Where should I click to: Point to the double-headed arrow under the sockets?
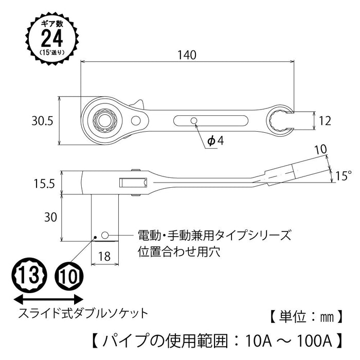pos(48,298)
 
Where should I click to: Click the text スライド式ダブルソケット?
pos(83,312)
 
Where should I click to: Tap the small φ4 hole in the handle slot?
pos(194,121)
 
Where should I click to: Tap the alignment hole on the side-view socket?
pos(105,235)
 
